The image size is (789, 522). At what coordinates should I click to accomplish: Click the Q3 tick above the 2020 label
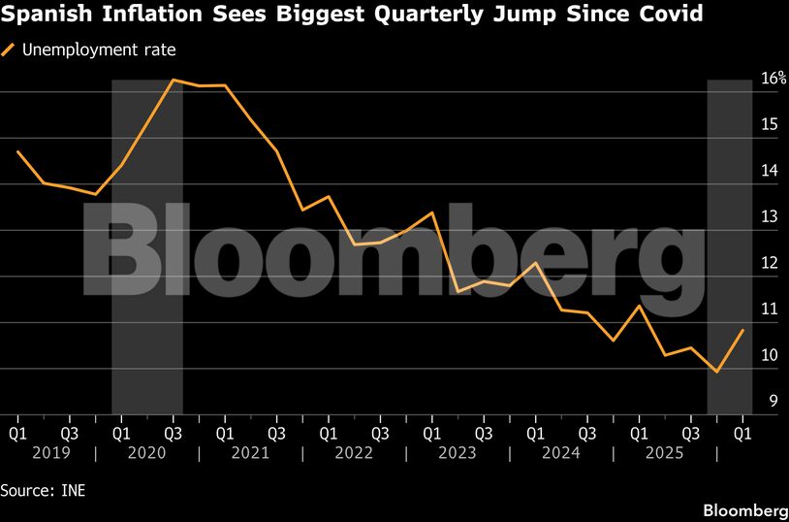pos(173,429)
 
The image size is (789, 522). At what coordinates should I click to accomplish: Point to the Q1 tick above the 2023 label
pos(431,429)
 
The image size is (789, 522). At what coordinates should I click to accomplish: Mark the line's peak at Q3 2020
pos(173,80)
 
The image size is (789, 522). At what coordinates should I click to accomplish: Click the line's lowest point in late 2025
pos(716,372)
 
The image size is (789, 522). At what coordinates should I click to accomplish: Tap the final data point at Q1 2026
pos(743,330)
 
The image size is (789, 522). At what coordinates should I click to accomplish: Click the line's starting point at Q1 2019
pos(17,151)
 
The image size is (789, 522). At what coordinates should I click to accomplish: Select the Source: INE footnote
pos(43,490)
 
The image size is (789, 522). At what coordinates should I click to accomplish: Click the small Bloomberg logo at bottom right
pos(743,510)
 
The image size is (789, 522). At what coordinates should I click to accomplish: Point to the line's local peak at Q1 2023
pos(432,212)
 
